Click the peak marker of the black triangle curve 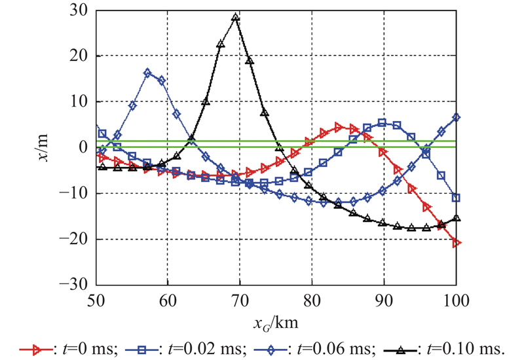[x=236, y=18]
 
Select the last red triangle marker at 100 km [x=457, y=243]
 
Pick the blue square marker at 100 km [x=457, y=198]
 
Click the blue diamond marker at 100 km [x=457, y=118]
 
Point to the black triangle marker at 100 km [x=457, y=218]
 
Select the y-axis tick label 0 [x=84, y=148]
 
